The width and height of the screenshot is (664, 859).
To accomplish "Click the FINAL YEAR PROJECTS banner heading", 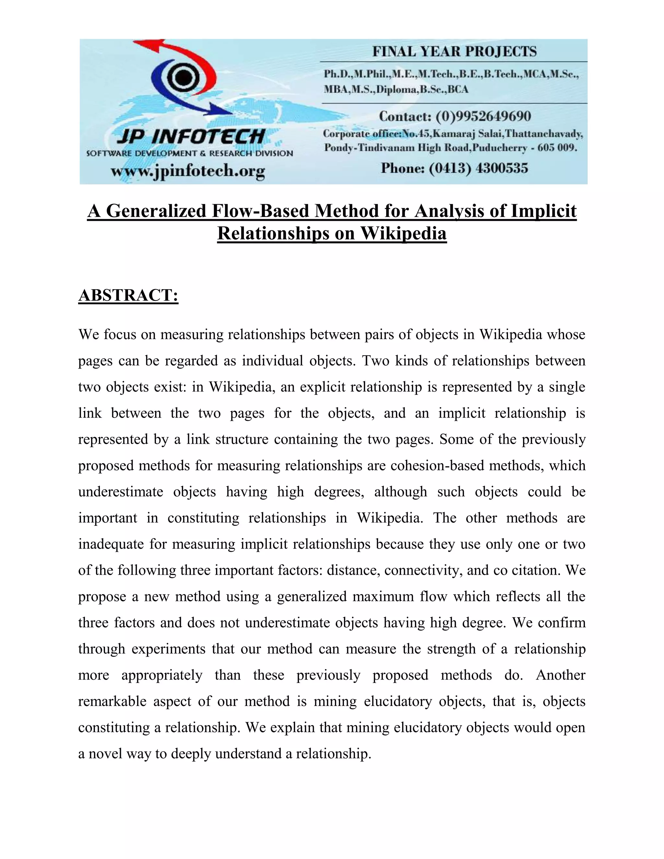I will (x=454, y=52).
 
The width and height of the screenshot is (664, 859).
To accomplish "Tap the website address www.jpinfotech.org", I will (x=188, y=171).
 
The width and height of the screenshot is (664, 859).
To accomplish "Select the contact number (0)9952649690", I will (x=483, y=116).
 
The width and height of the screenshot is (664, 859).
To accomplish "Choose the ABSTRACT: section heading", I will (x=128, y=295).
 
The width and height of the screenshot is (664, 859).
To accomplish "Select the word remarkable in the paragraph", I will (x=112, y=701).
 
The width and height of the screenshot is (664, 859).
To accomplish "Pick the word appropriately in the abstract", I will (x=162, y=675).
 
